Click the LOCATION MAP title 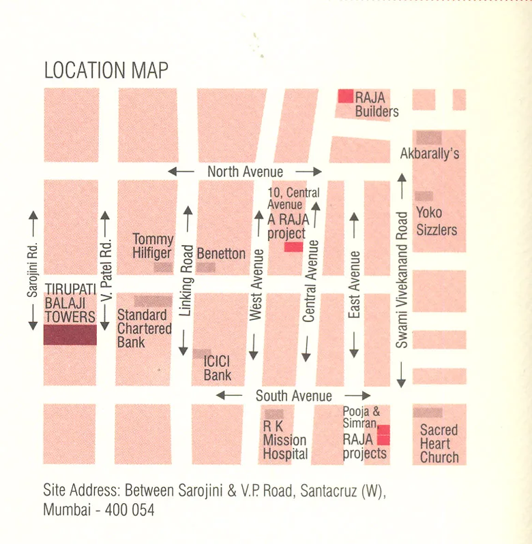pos(106,70)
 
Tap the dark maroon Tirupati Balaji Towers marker pos(70,334)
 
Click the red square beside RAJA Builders pos(346,96)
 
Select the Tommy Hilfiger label pos(153,246)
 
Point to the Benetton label pos(221,253)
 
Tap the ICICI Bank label pos(218,368)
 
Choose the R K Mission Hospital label pos(285,441)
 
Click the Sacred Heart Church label pos(439,443)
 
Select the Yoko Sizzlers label pos(437,221)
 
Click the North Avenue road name pos(245,172)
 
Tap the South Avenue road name pos(293,396)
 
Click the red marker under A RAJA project pos(293,246)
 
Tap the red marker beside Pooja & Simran pos(383,434)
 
